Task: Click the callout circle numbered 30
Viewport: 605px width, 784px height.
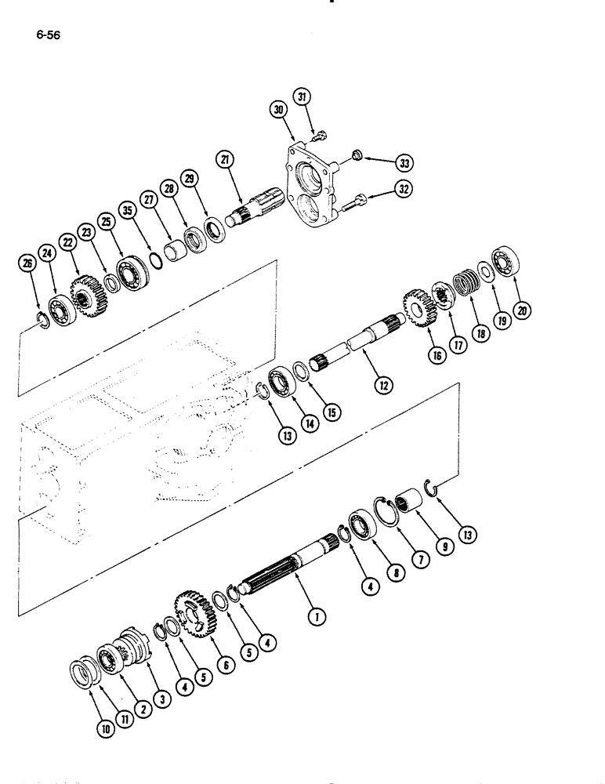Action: pos(279,111)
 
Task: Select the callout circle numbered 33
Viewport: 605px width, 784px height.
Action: pos(404,163)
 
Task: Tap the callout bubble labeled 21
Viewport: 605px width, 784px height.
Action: pos(226,162)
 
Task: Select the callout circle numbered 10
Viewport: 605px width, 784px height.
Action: pos(105,727)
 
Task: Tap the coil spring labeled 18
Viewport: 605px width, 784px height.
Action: pos(468,280)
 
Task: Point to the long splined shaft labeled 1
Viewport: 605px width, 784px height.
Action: pos(290,564)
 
